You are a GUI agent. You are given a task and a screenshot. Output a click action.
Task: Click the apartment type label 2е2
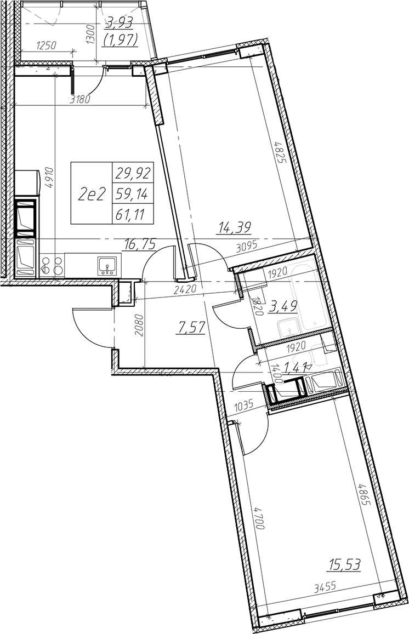[91, 193]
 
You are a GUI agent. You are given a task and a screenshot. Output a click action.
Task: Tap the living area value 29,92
[133, 174]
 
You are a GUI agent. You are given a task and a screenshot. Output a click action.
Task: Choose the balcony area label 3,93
[120, 24]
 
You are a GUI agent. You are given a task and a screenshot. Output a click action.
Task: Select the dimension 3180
[79, 100]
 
